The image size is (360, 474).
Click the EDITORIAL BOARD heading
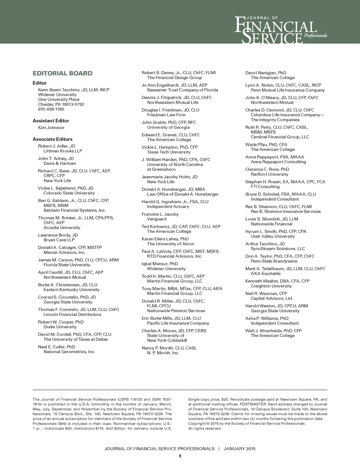point(63,73)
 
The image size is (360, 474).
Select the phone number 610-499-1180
point(51,109)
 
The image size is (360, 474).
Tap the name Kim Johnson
point(51,128)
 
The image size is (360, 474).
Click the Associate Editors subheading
point(52,139)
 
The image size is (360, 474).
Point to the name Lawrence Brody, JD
point(58,235)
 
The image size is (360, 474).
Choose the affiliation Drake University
point(60,327)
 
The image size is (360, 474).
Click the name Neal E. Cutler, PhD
point(56,347)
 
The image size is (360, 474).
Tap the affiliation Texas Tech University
point(169,152)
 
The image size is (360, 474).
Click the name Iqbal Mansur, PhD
point(160,264)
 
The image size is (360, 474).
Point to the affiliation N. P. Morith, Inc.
point(163,353)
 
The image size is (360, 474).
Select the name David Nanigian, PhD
point(265,73)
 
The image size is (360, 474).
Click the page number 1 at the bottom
point(180,456)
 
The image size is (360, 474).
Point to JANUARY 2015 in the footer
point(239,449)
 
